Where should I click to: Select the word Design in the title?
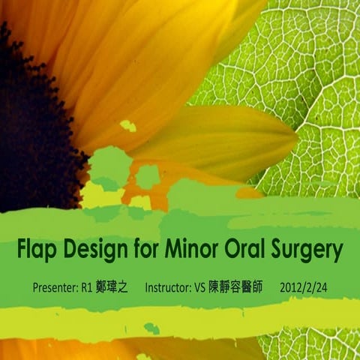pyautogui.click(x=92, y=249)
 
